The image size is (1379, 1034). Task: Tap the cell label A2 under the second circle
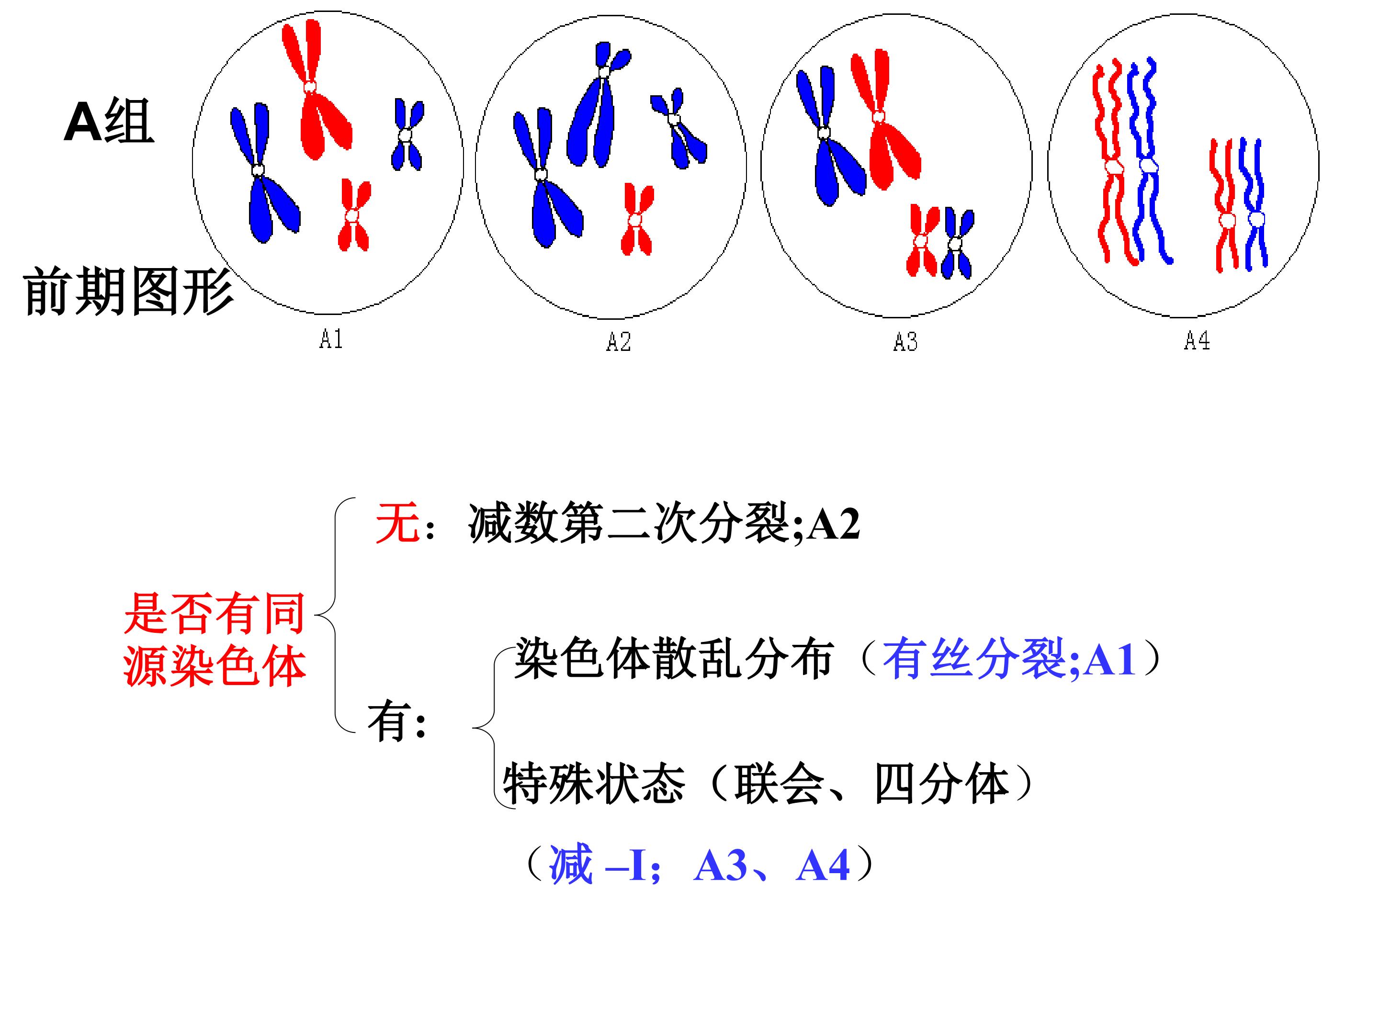pos(619,341)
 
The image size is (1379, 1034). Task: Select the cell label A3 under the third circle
pos(905,341)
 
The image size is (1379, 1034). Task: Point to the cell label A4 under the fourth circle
pos(1197,340)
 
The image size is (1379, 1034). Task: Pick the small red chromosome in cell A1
pos(353,215)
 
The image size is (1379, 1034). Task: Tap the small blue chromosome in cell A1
pos(407,135)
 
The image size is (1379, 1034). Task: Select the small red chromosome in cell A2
pos(636,219)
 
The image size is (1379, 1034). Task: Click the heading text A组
pos(109,122)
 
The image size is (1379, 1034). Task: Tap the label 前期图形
pos(128,291)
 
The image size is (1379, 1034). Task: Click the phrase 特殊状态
pos(594,784)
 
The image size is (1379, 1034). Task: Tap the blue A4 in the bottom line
pos(823,865)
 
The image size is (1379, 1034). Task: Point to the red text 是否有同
pos(215,613)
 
